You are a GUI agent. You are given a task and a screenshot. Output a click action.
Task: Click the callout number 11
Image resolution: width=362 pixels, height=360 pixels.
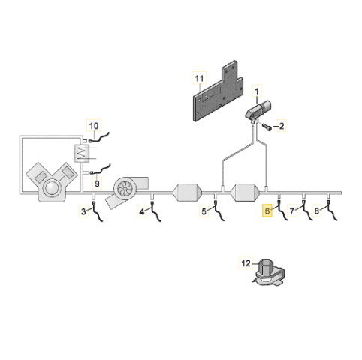[199, 79]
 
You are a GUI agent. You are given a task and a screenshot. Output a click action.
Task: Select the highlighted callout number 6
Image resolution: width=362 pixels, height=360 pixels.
[267, 211]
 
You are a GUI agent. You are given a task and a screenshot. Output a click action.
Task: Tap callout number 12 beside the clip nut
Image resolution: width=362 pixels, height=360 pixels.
[246, 263]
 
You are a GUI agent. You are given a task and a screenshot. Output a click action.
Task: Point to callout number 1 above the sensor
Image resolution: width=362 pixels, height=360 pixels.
[257, 91]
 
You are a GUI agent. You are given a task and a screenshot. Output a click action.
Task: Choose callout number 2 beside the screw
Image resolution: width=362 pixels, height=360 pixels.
[282, 126]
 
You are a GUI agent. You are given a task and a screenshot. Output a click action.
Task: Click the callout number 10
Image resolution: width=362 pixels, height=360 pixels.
[94, 126]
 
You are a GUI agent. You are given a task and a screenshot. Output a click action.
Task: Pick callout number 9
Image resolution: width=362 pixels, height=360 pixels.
[97, 184]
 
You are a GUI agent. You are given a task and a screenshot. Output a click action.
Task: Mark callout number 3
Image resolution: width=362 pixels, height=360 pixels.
[83, 211]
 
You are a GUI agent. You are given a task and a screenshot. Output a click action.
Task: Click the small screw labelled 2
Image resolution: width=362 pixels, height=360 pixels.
[267, 127]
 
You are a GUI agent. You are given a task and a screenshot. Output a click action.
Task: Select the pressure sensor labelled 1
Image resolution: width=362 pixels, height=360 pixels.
[258, 111]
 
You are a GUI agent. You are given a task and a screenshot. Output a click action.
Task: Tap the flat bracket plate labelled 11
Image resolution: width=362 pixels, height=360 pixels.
[218, 91]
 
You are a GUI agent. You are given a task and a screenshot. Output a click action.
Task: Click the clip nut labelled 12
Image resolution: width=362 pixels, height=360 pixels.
[268, 273]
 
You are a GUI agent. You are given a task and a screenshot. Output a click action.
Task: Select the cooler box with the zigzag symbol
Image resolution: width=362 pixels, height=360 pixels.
[81, 154]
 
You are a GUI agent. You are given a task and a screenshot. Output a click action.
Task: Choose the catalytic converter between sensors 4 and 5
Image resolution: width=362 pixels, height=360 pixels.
[188, 193]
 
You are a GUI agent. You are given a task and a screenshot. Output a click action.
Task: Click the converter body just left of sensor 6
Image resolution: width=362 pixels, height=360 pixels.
[246, 193]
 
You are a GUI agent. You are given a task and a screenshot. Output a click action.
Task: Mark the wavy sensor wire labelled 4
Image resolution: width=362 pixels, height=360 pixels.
[155, 211]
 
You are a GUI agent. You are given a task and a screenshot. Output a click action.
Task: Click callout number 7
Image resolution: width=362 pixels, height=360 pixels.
[292, 211]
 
